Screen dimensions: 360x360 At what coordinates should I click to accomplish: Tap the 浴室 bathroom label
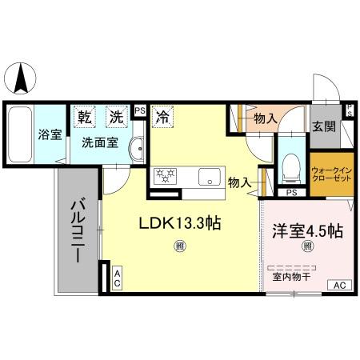[50, 134]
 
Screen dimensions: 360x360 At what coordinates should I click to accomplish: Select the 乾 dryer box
[85, 116]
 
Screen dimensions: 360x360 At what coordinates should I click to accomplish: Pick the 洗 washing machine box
[117, 116]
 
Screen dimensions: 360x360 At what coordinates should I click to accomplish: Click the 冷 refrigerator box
[162, 116]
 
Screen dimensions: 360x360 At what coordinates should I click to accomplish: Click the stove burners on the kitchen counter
[166, 175]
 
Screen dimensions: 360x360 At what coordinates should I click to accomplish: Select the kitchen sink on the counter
[211, 176]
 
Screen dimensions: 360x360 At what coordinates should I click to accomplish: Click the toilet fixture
[290, 166]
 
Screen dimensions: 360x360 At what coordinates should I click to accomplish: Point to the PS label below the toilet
[291, 193]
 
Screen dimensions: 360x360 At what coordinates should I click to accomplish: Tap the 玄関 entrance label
[323, 126]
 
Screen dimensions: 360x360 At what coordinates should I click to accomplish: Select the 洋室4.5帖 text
[307, 231]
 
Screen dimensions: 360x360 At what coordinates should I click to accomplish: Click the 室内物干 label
[290, 277]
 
